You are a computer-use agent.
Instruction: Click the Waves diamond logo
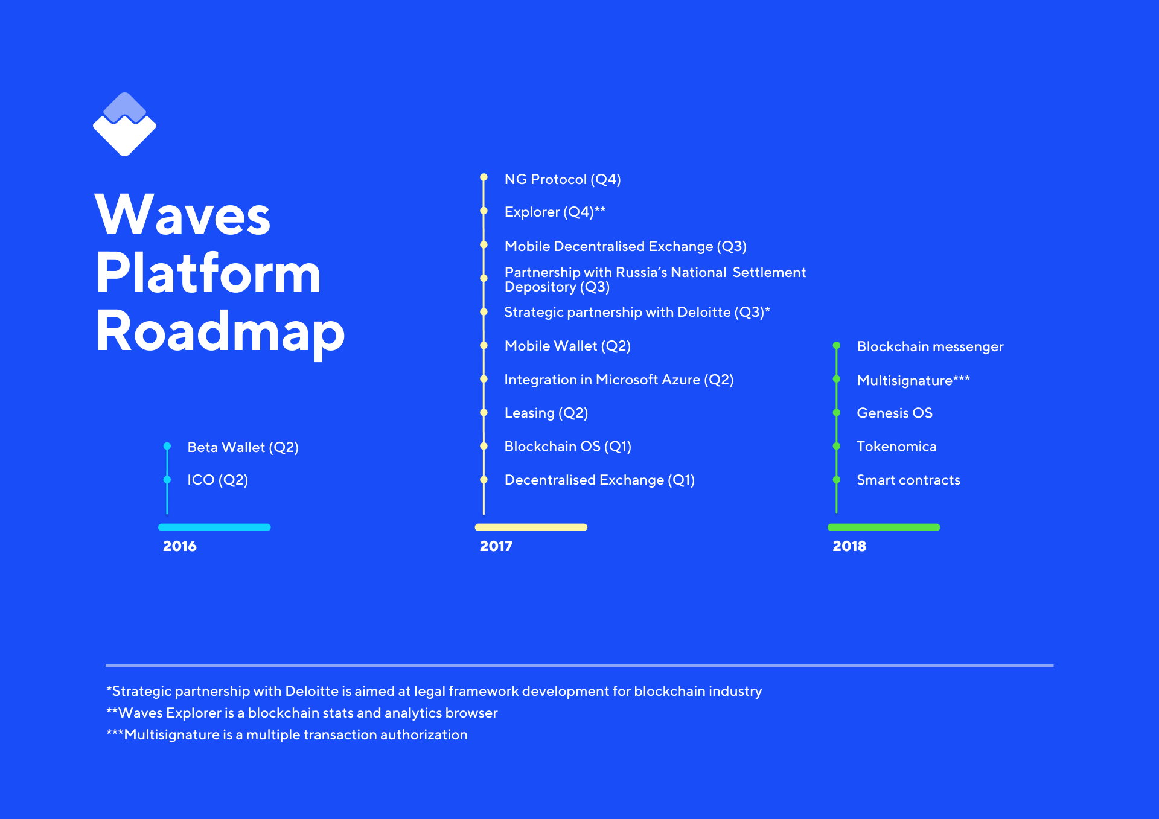[x=124, y=124]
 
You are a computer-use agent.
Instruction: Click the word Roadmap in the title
[x=220, y=332]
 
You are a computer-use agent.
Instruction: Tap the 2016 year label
[x=180, y=546]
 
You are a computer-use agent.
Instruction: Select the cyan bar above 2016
[x=214, y=527]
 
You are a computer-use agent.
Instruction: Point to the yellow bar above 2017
[x=531, y=527]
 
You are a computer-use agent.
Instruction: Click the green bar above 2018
[x=884, y=527]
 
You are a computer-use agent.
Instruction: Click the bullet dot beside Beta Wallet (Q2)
[x=167, y=447]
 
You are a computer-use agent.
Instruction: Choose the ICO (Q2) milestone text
[x=218, y=480]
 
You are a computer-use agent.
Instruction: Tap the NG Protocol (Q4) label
[x=563, y=179]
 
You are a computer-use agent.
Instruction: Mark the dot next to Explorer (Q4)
[x=484, y=211]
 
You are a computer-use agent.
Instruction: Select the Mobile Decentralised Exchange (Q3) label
[x=625, y=246]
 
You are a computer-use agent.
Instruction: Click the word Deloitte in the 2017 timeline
[x=704, y=312]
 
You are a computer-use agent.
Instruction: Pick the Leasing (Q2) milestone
[x=546, y=413]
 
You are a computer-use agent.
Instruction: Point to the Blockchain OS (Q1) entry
[x=568, y=447]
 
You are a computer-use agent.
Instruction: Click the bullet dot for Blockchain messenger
[x=837, y=346]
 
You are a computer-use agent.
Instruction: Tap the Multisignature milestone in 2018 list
[x=913, y=380]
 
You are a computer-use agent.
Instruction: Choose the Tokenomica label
[x=897, y=447]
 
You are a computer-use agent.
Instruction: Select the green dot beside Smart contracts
[x=837, y=480]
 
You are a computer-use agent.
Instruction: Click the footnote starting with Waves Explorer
[x=302, y=713]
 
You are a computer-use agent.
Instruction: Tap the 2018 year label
[x=849, y=546]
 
